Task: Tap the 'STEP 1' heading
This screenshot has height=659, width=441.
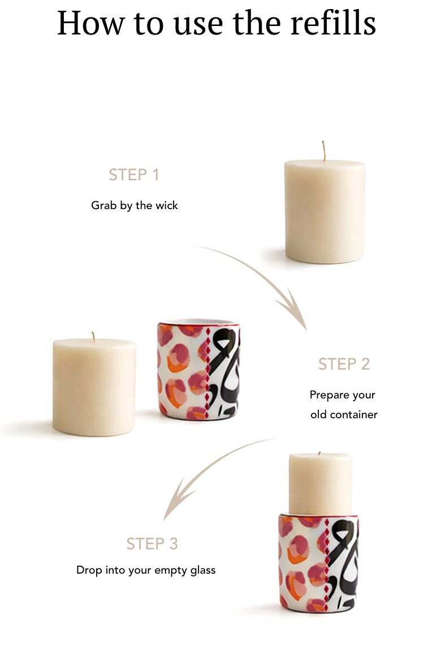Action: pyautogui.click(x=133, y=175)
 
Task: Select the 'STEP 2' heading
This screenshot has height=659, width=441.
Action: pyautogui.click(x=344, y=364)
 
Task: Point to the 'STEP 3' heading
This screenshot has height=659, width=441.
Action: pyautogui.click(x=152, y=544)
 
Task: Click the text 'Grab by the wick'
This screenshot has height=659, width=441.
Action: pyautogui.click(x=135, y=206)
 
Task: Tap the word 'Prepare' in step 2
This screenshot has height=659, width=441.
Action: pyautogui.click(x=329, y=395)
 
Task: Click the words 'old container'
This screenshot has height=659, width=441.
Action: pyautogui.click(x=344, y=415)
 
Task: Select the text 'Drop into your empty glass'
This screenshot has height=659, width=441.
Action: pyautogui.click(x=146, y=570)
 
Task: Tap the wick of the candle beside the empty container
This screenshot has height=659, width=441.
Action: pyautogui.click(x=93, y=336)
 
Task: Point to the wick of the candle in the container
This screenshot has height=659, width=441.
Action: pyautogui.click(x=319, y=453)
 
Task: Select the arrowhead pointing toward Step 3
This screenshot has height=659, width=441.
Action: pyautogui.click(x=176, y=500)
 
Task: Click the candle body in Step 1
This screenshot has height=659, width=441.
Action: pyautogui.click(x=324, y=212)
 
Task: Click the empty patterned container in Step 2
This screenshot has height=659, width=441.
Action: pyautogui.click(x=198, y=371)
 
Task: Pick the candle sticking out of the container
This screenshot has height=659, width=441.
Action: pyautogui.click(x=321, y=484)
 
